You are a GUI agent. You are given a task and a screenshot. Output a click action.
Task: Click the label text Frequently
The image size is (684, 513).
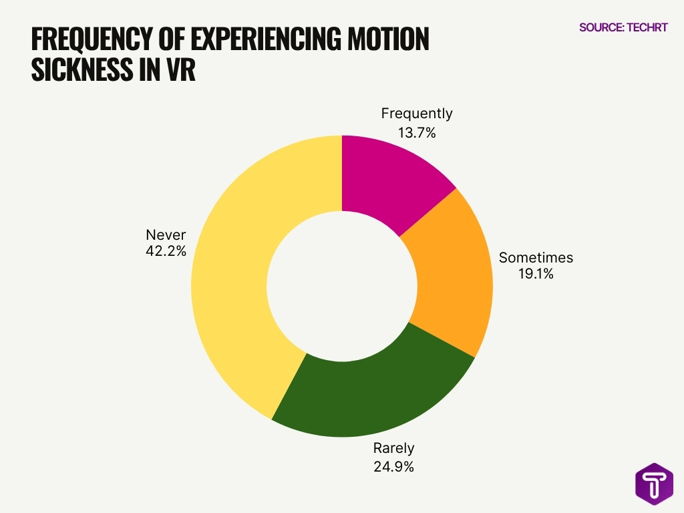tap(416, 114)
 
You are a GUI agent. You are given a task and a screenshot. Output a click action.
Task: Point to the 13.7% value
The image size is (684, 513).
tap(416, 133)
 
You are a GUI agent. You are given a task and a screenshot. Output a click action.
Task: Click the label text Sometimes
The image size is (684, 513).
tap(536, 257)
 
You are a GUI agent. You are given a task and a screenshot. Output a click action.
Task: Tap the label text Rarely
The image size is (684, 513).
tap(393, 448)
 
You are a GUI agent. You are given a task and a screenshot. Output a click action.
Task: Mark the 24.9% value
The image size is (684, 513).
tap(393, 466)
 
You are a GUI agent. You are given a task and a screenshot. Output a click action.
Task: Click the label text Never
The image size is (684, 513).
tap(166, 234)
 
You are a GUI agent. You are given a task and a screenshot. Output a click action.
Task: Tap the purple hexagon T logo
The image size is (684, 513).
tap(654, 483)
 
